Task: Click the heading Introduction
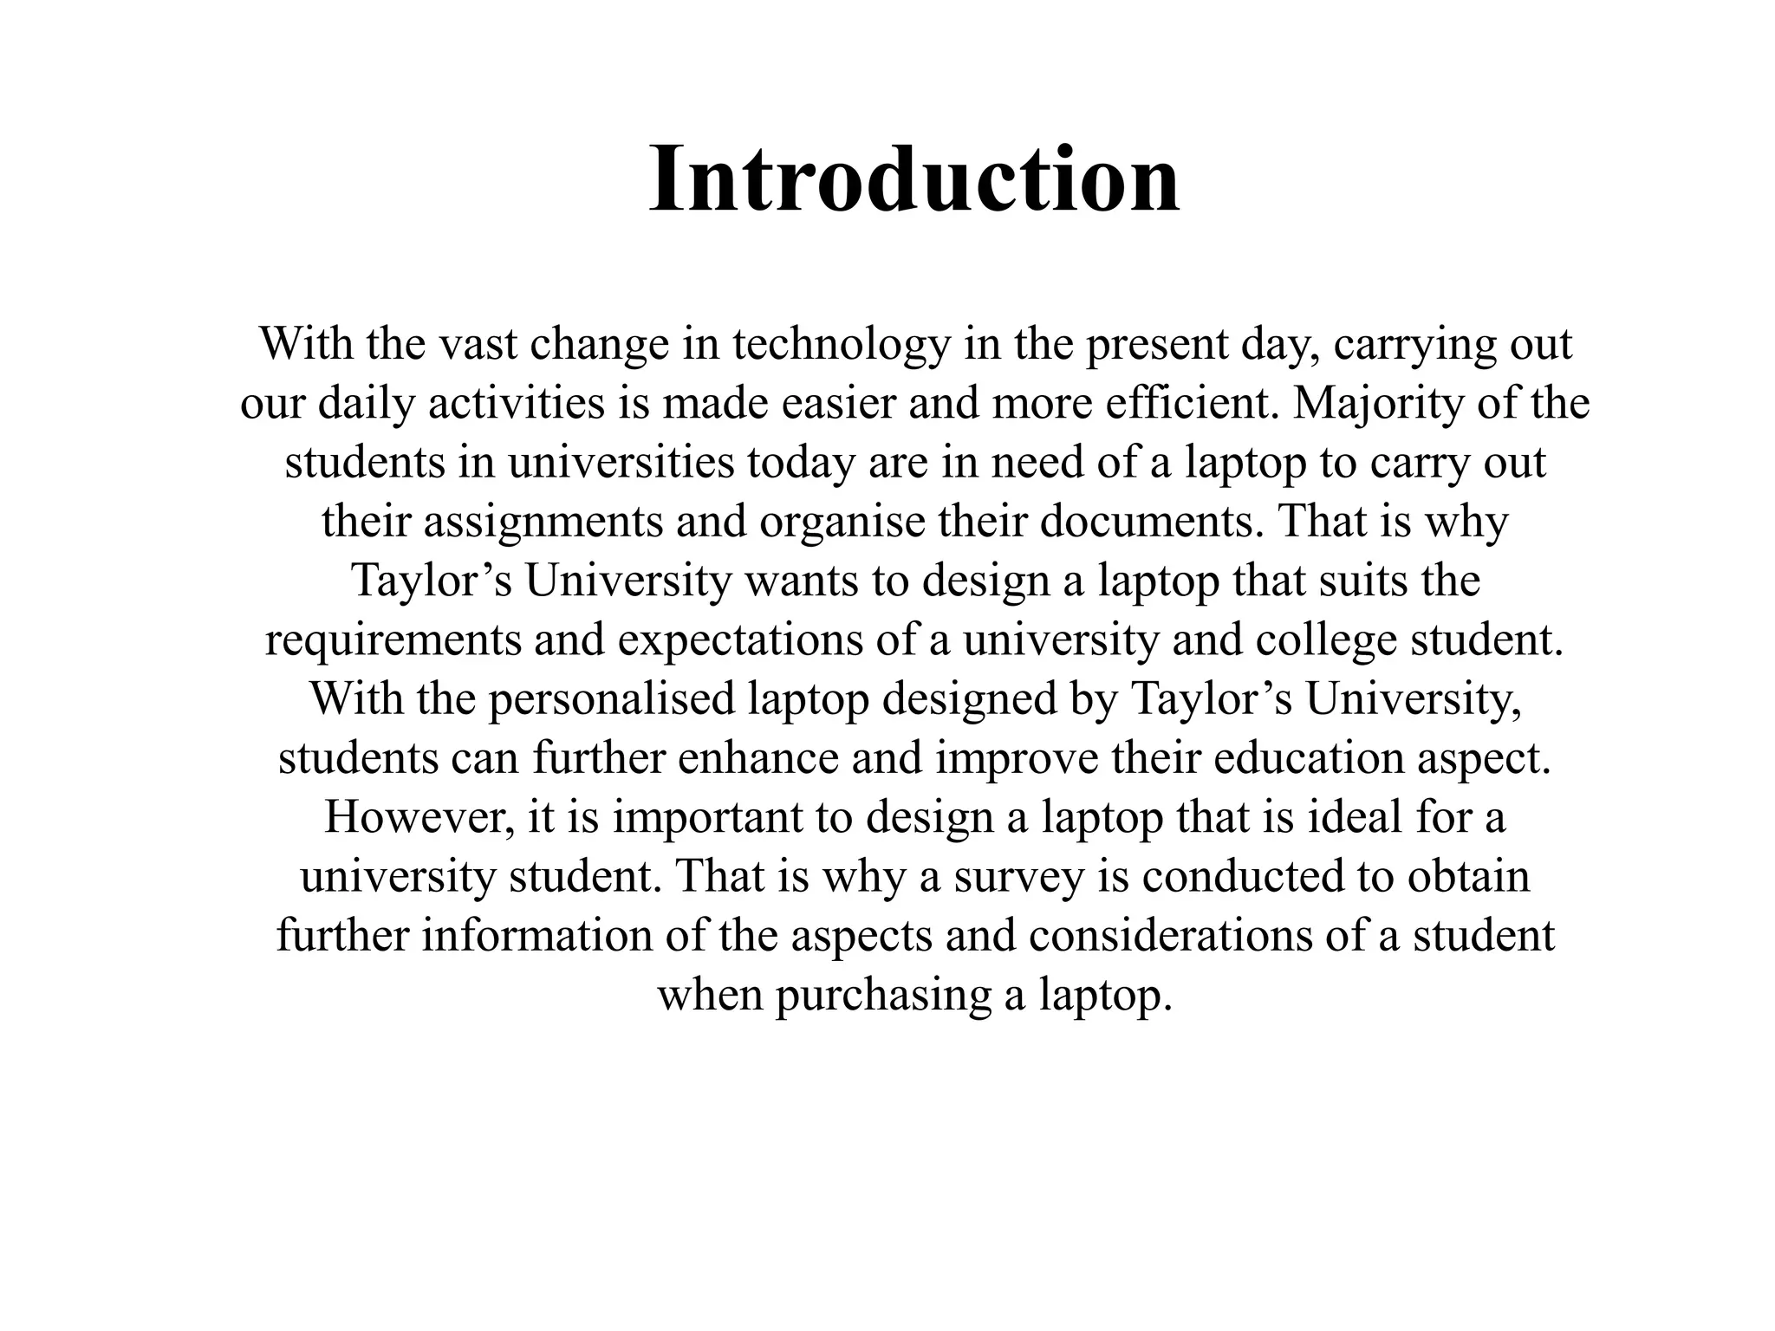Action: tap(914, 180)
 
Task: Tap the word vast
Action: tap(476, 345)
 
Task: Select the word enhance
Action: tap(758, 759)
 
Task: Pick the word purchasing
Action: tap(882, 996)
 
